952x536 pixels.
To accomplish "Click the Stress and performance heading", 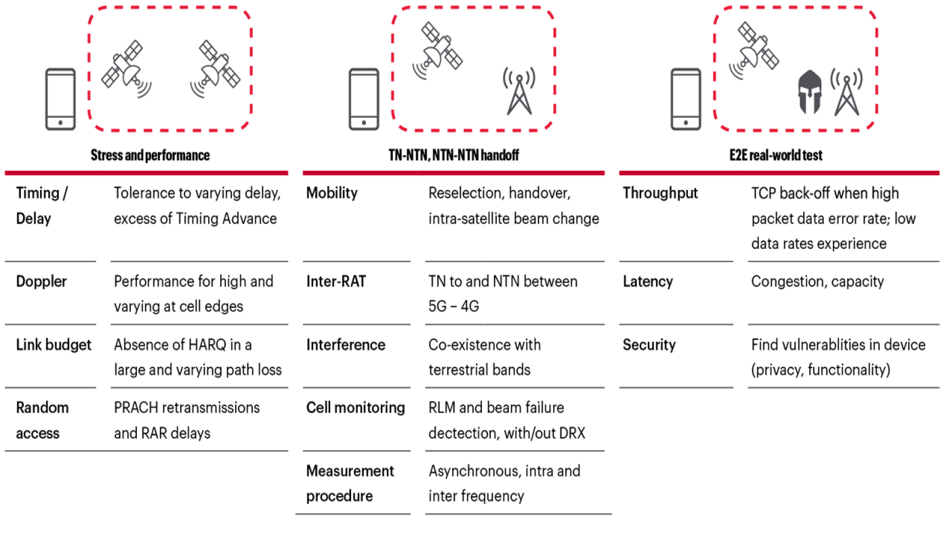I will tap(150, 155).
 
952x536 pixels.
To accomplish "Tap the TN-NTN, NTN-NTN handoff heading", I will tap(453, 155).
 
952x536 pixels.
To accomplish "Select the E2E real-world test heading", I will tap(776, 155).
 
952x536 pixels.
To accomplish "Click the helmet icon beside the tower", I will tap(810, 92).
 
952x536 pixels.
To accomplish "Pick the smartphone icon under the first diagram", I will tap(61, 99).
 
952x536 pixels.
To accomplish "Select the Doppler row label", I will tap(41, 281).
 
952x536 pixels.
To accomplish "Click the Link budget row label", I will tap(54, 345).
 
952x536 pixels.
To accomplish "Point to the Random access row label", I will tap(42, 420).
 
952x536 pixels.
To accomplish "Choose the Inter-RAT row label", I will tap(336, 281).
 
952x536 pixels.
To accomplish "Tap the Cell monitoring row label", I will tap(355, 407).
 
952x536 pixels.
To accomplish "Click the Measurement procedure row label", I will tap(350, 483).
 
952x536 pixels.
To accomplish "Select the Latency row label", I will tap(647, 281).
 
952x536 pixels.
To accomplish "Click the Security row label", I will tap(649, 345).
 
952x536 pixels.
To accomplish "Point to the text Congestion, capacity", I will tap(817, 281).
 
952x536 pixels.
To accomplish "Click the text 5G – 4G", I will tap(453, 306).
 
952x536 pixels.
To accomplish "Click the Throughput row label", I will tap(660, 193).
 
